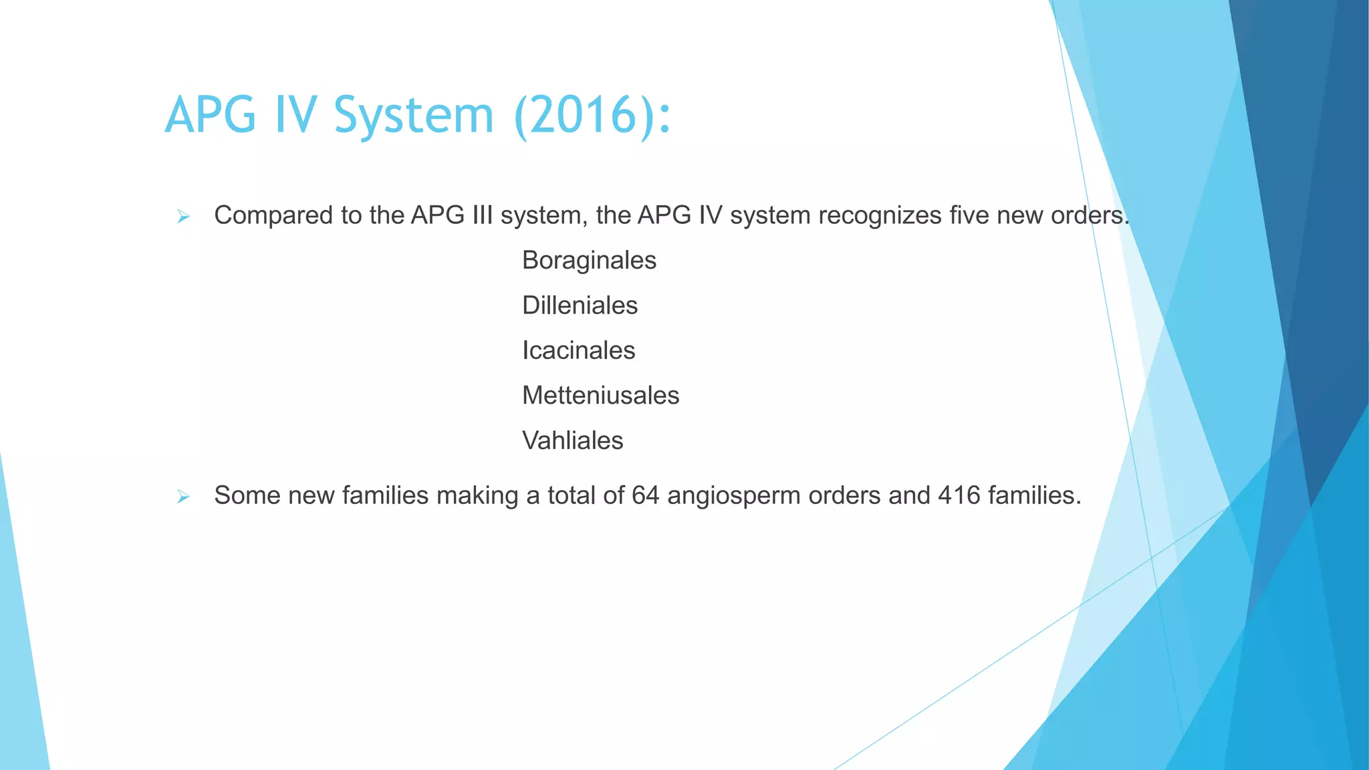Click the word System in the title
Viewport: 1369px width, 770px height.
point(413,115)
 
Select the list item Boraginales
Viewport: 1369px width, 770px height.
point(589,260)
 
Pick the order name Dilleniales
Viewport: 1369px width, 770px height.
point(580,305)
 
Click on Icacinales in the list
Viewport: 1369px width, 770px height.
point(578,350)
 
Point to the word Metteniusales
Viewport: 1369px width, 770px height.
point(600,395)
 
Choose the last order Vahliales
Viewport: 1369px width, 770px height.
point(572,440)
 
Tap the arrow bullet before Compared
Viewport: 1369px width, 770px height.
point(183,217)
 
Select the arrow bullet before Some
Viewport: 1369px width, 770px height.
point(183,497)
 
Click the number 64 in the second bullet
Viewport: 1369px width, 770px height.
point(645,495)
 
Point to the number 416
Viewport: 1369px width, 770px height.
point(959,495)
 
